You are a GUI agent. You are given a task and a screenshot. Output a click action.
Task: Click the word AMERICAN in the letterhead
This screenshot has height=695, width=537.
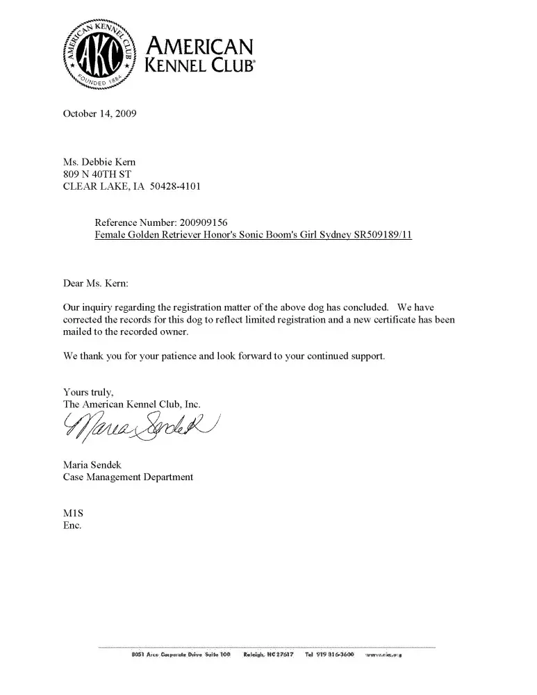coord(198,47)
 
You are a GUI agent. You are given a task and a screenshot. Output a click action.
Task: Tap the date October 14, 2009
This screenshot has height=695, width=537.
coord(100,113)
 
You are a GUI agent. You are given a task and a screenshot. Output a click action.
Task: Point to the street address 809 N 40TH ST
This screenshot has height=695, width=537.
coord(97,174)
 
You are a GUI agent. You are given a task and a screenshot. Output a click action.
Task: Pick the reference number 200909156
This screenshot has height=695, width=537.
coord(204,222)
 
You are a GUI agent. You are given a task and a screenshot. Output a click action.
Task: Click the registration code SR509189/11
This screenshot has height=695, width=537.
coord(383,235)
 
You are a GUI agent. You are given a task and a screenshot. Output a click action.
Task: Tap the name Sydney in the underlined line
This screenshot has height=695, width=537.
coord(333,235)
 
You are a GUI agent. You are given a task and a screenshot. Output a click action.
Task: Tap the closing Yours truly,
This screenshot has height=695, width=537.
coord(88,392)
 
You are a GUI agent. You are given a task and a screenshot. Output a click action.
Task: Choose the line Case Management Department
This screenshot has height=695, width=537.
coord(128,477)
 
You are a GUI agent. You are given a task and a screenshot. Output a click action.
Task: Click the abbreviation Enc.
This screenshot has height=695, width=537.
coord(72,525)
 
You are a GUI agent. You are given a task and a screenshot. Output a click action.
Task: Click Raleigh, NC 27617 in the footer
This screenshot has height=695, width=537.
coord(270,654)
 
